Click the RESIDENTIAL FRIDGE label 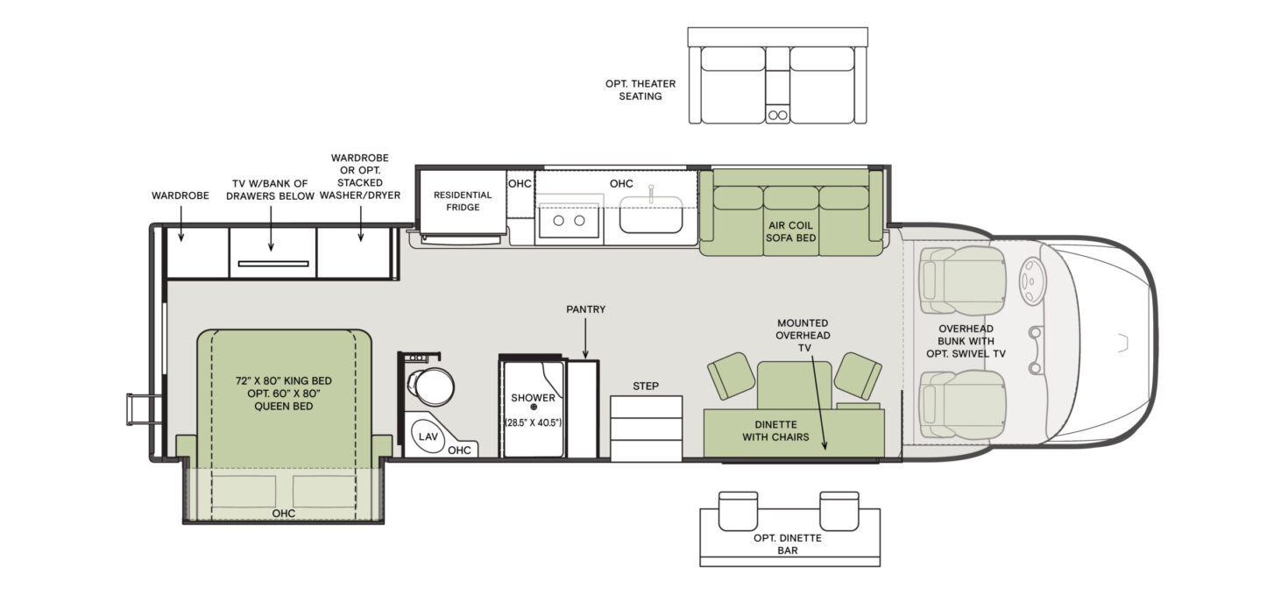[456, 201]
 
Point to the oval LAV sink [428, 436]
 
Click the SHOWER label [533, 398]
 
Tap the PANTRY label [585, 309]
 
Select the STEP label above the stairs [646, 386]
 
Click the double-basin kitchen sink [569, 220]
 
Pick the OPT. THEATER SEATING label [640, 89]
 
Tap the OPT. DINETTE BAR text [788, 543]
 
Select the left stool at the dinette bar [738, 510]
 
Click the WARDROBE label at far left [180, 195]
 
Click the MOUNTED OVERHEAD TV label [803, 335]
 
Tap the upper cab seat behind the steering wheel [961, 279]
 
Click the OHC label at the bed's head [282, 513]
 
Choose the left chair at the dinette [731, 374]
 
